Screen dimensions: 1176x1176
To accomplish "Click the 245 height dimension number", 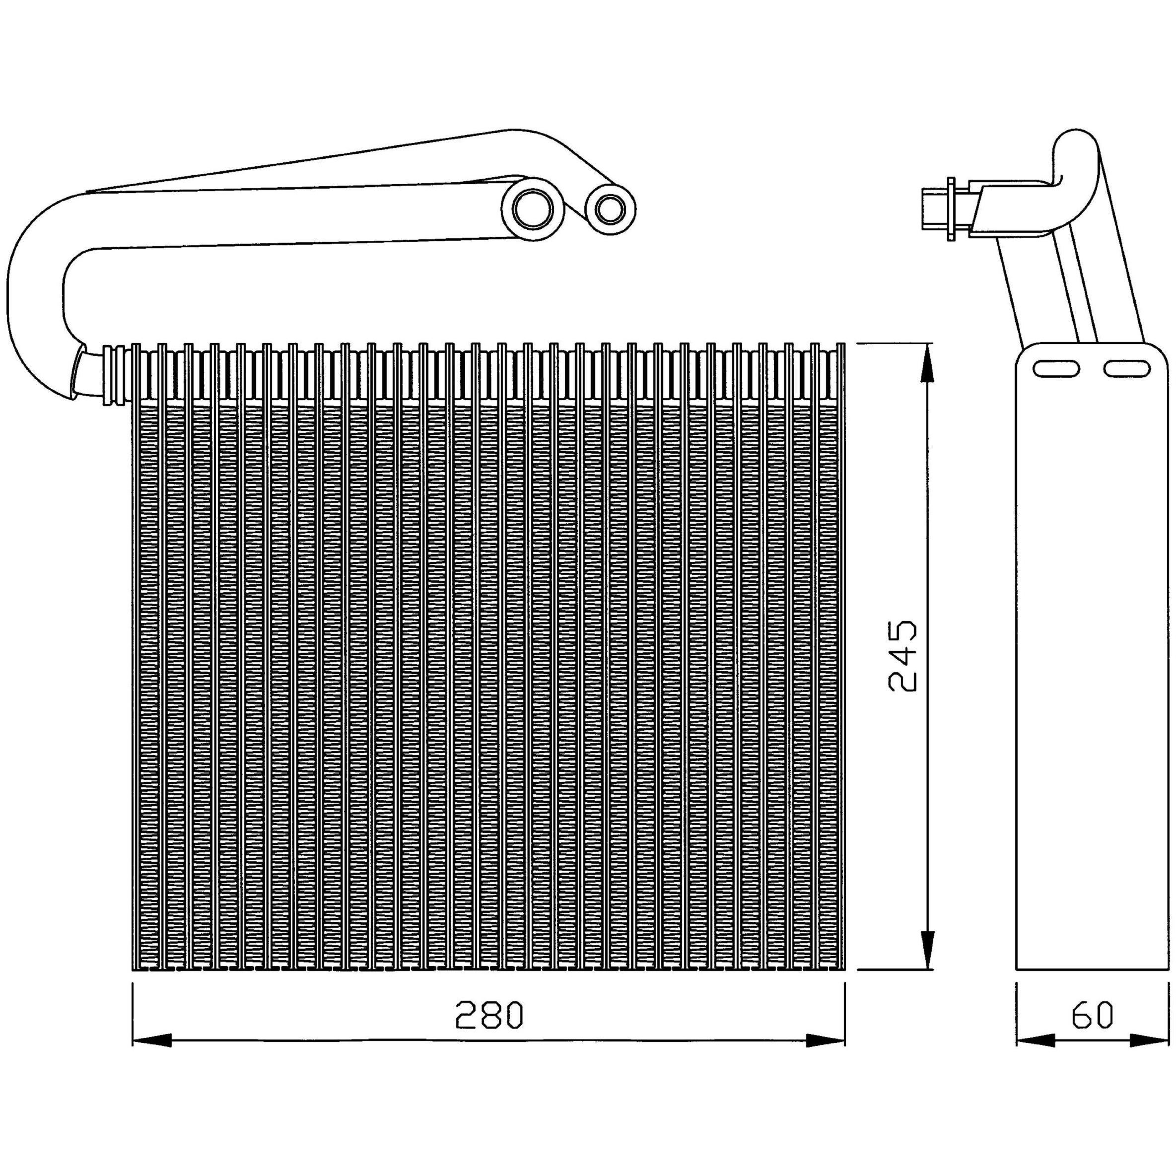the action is (x=902, y=656).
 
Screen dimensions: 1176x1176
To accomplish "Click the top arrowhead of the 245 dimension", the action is (x=926, y=363).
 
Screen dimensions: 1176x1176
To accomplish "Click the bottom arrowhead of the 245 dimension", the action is (x=926, y=948).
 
